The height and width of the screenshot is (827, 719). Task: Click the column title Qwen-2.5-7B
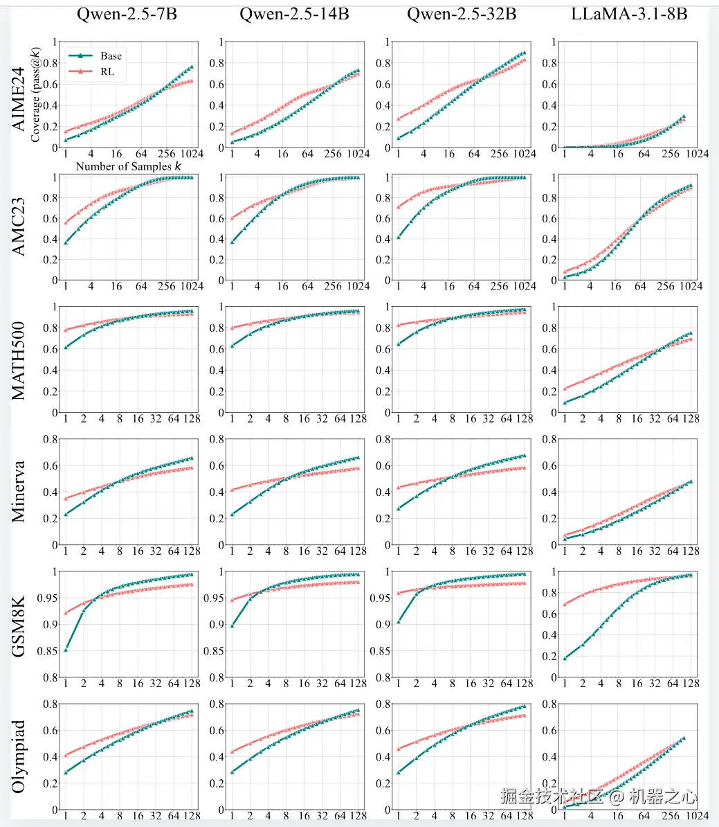129,14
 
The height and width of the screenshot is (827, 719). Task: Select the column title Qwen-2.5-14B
294,14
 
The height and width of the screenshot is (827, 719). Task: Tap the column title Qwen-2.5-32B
461,14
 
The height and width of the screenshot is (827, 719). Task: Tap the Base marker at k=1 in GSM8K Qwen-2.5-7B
66,650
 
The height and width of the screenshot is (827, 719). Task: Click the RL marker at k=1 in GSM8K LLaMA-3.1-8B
565,604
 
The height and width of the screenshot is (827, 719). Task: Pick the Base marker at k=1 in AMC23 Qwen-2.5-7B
66,242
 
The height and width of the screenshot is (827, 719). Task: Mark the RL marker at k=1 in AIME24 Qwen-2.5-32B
398,119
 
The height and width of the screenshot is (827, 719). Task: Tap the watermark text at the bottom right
599,797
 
